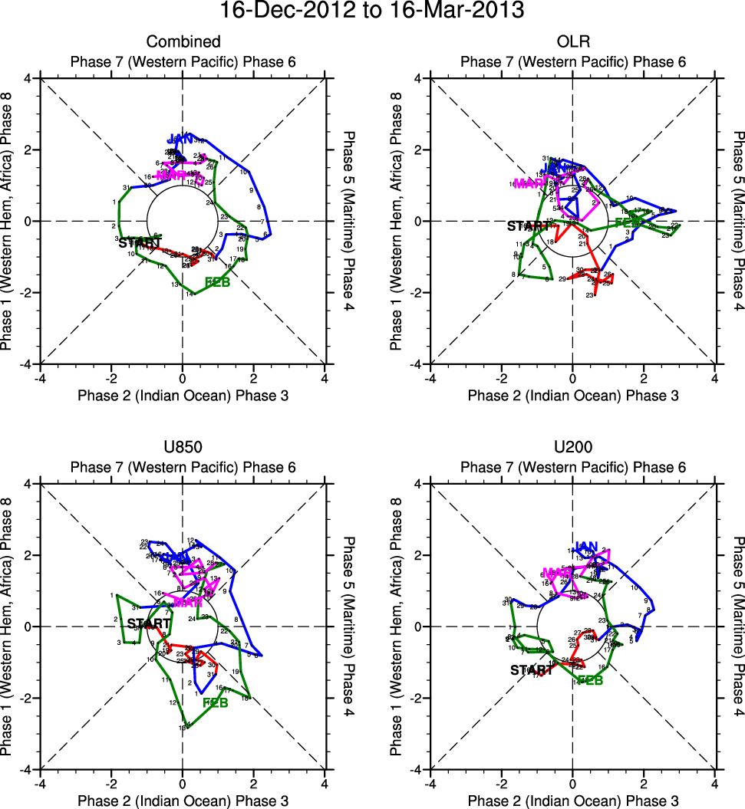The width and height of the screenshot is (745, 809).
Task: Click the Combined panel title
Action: tap(183, 41)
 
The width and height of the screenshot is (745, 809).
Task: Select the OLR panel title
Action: tap(572, 41)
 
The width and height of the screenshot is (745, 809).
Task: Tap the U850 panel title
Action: tap(183, 447)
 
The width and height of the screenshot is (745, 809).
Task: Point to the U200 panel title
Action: tap(572, 447)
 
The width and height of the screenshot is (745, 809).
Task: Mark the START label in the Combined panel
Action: tap(140, 243)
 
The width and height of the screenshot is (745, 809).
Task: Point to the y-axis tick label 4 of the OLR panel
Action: tap(419, 78)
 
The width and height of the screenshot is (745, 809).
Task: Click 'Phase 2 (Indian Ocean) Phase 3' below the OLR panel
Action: tap(572, 396)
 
